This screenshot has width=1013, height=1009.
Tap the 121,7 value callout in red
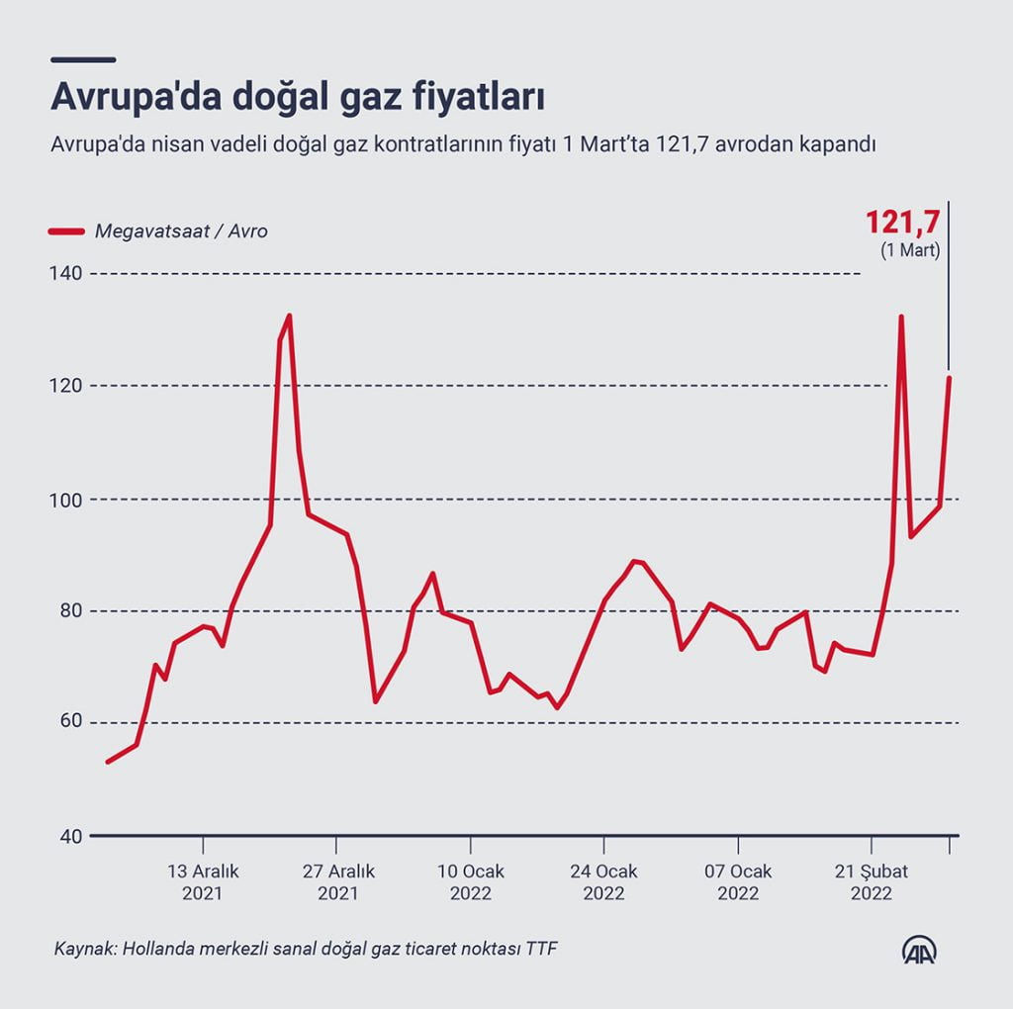point(902,222)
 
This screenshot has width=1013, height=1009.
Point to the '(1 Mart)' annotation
point(910,251)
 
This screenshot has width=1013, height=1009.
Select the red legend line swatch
point(66,231)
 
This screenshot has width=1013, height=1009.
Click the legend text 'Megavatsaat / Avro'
point(181,231)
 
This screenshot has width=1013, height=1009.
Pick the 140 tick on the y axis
point(66,272)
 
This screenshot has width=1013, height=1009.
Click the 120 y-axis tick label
point(66,385)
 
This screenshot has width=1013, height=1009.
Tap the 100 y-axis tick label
point(66,499)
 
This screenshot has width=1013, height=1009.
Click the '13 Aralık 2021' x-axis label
point(203,881)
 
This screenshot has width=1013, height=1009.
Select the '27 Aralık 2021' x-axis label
point(337,881)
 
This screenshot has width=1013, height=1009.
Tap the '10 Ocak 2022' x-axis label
point(471,881)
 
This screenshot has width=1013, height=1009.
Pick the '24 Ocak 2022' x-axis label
point(604,881)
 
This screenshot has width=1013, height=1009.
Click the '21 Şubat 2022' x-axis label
point(872,881)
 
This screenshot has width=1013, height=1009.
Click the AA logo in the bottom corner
point(919,951)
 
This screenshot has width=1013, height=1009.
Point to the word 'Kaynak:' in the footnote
point(83,950)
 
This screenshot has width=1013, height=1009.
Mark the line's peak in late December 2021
point(289,316)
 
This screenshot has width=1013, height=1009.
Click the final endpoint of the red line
point(949,377)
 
